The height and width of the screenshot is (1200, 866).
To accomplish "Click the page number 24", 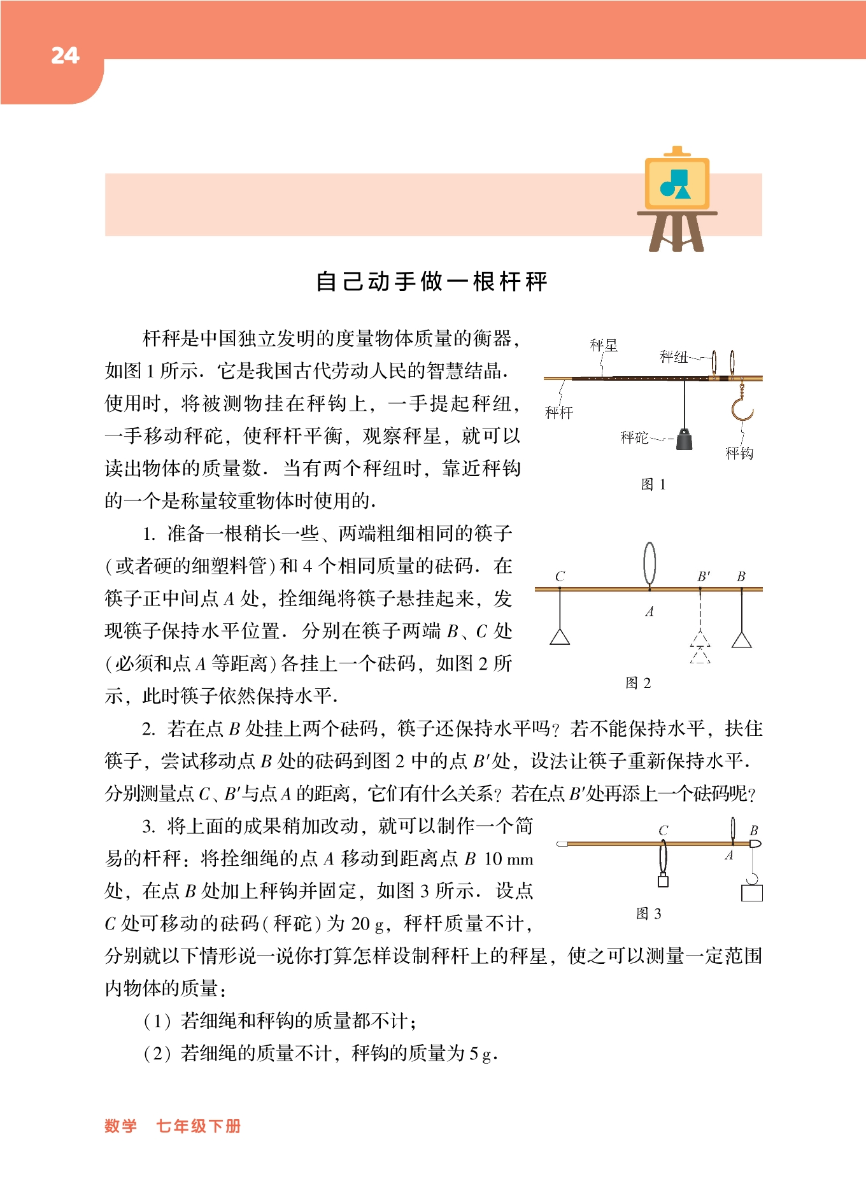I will coord(65,56).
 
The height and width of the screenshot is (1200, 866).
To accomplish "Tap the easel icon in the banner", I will coord(677,199).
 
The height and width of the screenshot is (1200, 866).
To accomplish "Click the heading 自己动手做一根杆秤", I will coord(432,281).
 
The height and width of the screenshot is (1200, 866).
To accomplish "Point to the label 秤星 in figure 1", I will coord(603,346).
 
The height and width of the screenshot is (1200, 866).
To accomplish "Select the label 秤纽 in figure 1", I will coord(672,356).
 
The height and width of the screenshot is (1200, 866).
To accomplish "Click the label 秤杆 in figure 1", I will coord(559,413).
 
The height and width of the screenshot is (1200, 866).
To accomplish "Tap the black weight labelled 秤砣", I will coord(684,439).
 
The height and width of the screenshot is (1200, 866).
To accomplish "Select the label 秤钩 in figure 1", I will coord(739,453).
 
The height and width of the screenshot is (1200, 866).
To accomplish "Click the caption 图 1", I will coord(653,484).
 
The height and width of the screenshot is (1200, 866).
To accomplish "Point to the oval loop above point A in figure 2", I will coord(649,563).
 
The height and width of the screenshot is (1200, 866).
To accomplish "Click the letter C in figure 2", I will coord(560,577).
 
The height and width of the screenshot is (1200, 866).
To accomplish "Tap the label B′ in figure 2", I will coord(703,577).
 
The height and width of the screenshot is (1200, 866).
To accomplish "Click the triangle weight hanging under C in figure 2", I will coord(560,637).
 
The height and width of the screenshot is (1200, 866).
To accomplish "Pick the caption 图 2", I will coord(638,683).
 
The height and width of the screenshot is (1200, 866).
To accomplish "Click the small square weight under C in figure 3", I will coord(663,881).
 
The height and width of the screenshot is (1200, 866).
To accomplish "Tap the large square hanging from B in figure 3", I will coord(752,893).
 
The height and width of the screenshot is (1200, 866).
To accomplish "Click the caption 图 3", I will coord(649,914).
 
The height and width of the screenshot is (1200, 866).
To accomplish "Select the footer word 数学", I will coord(121,1126).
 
